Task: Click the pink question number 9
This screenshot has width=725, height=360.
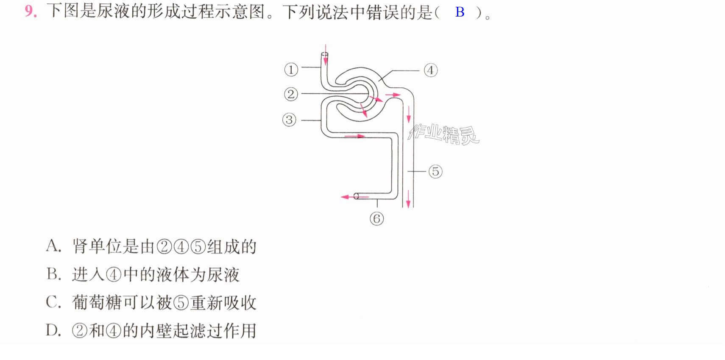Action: coord(31,11)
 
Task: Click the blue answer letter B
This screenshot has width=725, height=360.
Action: coord(460,12)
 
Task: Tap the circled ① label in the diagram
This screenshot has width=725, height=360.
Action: coord(291,70)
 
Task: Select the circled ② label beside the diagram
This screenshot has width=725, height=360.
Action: coord(291,94)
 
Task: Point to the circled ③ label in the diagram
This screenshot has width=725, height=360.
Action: coord(289,120)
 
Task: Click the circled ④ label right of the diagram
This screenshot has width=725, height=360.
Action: coord(430,70)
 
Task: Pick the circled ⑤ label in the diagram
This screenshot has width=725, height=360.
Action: coord(435,171)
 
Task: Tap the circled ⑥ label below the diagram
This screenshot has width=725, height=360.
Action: coord(377,219)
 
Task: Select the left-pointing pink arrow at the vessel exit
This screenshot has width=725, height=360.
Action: coord(355,196)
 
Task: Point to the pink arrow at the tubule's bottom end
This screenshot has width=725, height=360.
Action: coord(408,199)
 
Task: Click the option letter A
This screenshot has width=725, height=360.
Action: coord(53,246)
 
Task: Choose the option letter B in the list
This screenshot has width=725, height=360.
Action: coord(53,274)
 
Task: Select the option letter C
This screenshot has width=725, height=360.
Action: coord(53,302)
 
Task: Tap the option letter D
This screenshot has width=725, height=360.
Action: coord(53,331)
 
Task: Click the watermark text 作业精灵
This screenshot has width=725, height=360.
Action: coord(443,134)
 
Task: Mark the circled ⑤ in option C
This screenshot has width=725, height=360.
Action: coord(181,303)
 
